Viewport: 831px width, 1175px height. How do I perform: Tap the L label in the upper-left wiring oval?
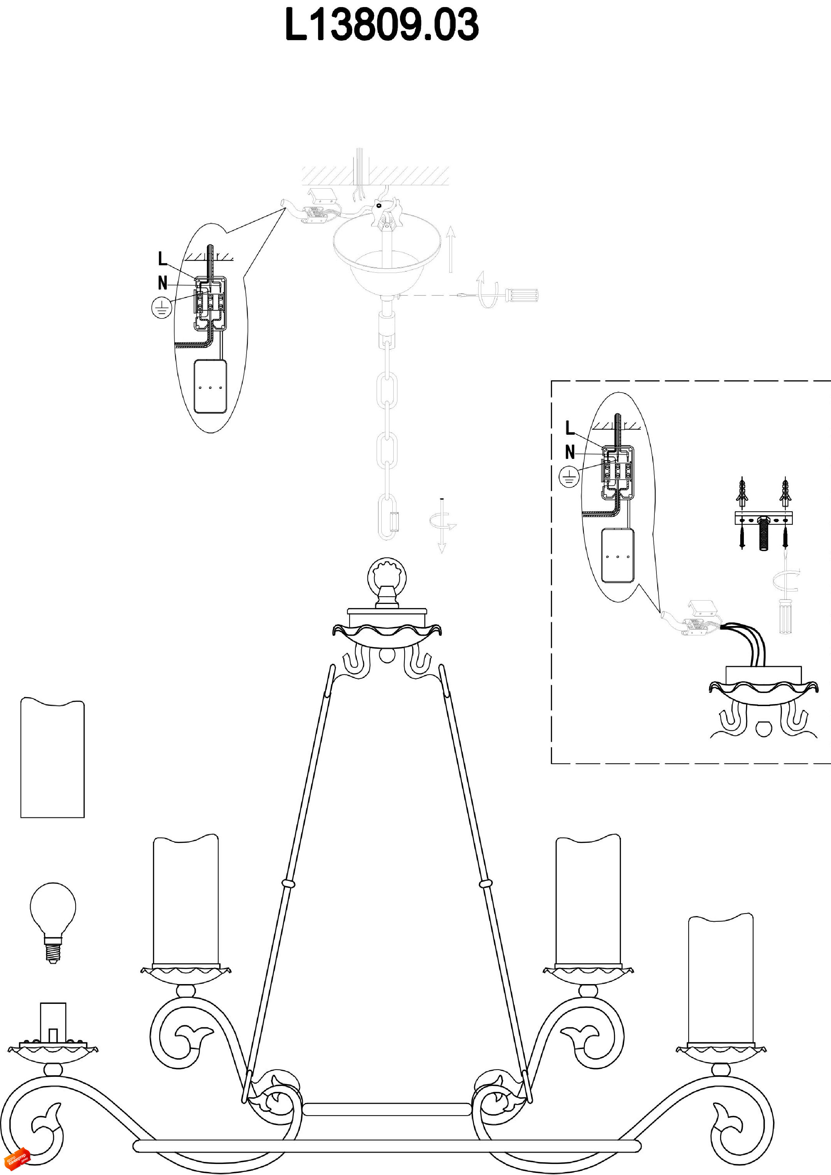pyautogui.click(x=162, y=259)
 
